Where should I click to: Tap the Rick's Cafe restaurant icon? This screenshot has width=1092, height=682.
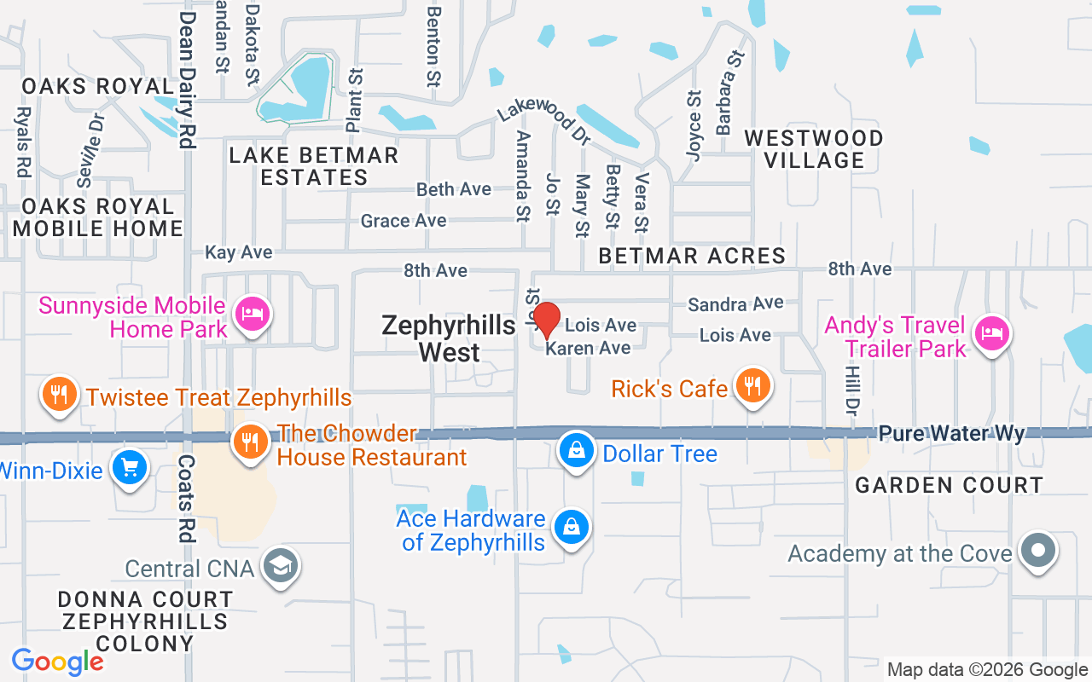[752, 386]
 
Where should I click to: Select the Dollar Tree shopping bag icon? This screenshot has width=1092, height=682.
[577, 451]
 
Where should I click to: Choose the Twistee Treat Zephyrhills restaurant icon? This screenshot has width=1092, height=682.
[59, 395]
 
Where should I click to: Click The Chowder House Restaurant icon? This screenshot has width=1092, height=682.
[250, 442]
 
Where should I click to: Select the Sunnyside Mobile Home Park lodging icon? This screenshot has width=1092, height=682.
[253, 314]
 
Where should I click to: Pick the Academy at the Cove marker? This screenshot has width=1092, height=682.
[1038, 551]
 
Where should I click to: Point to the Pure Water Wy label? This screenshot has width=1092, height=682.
[951, 434]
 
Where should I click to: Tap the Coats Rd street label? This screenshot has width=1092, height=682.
[185, 498]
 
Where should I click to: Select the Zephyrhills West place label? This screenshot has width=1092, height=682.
[449, 338]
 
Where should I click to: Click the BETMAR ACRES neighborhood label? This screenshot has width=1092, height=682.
[692, 256]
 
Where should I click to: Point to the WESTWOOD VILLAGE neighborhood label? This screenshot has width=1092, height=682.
[813, 149]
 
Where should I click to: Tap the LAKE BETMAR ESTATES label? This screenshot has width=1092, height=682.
[314, 166]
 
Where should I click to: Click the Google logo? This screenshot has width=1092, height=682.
[57, 662]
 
